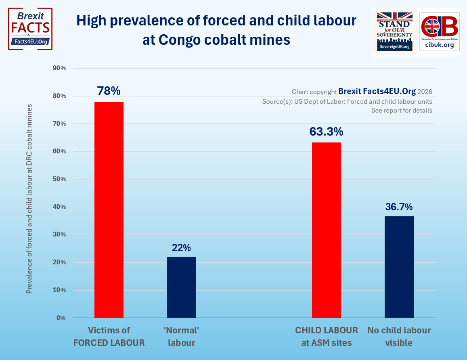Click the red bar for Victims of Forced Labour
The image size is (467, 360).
tap(109, 210)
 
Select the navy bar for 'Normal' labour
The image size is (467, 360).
tap(182, 287)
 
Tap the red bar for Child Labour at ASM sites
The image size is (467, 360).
tap(327, 230)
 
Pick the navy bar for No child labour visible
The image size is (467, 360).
tap(399, 267)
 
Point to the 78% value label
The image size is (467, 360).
tap(109, 91)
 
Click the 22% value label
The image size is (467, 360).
tap(182, 247)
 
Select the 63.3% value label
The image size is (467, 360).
tap(326, 132)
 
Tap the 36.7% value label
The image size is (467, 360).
tap(399, 207)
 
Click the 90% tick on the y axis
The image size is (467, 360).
tap(59, 68)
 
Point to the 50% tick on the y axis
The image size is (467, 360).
tap(59, 179)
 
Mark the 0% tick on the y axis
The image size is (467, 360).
tap(61, 318)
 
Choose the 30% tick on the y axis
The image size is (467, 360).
tap(59, 234)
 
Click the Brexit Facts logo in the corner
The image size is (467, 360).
tap(30, 29)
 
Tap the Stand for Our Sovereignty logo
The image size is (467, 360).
tap(394, 31)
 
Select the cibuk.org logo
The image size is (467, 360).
tap(440, 31)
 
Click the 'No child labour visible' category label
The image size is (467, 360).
tap(399, 337)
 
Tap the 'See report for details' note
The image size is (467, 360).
tap(402, 111)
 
